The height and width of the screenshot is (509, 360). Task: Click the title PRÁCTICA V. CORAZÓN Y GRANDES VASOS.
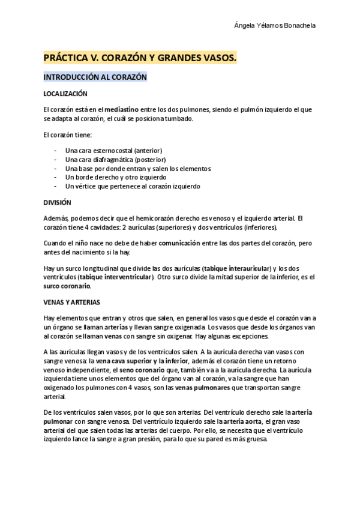[140, 58]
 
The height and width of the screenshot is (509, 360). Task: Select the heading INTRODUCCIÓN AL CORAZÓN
[95, 77]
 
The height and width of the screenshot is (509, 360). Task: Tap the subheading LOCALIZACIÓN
[65, 94]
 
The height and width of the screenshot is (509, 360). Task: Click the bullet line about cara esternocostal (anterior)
[113, 150]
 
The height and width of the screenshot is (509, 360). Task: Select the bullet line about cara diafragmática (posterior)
[115, 160]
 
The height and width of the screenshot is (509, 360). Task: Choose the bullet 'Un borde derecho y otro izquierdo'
[116, 178]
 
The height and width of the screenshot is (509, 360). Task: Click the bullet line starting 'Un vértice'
[133, 187]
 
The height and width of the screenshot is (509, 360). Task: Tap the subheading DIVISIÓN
[58, 202]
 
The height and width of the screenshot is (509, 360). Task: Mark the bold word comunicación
[183, 243]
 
